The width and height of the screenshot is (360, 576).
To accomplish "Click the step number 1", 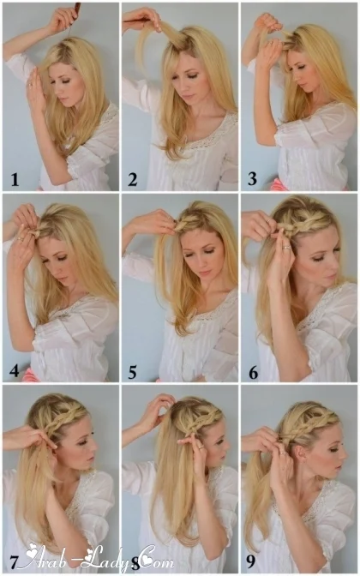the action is tap(15, 180).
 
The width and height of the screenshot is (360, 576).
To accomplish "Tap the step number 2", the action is tap(132, 180).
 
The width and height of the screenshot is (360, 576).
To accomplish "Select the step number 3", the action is tap(252, 179).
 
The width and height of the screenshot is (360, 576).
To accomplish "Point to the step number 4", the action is tap(15, 371).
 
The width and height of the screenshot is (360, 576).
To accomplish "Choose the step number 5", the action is tap(132, 373).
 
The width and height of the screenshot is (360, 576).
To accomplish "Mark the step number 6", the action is tap(253, 373).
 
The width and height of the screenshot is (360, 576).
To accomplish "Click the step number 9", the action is tap(250, 562).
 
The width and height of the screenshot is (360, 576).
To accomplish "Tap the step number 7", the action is tap(14, 562).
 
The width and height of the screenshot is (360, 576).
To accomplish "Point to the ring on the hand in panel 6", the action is tap(285, 248).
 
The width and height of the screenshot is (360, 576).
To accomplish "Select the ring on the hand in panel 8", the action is tap(201, 447).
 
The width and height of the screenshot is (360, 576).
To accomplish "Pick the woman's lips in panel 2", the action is tap(188, 95).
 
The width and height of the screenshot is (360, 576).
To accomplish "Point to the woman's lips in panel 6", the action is tap(330, 275).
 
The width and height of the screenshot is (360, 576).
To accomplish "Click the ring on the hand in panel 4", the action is tap(21, 239).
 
